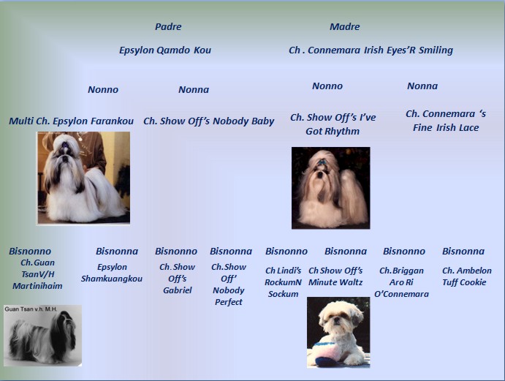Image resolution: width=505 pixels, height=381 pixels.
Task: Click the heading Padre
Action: pyautogui.click(x=168, y=26)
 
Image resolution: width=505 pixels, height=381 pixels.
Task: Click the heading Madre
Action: pyautogui.click(x=345, y=26)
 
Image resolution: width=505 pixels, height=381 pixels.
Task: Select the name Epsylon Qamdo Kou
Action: pyautogui.click(x=165, y=50)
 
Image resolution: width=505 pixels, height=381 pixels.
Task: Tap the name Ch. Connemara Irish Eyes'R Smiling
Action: pyautogui.click(x=371, y=50)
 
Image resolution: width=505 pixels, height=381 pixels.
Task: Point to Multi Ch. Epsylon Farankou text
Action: pyautogui.click(x=71, y=121)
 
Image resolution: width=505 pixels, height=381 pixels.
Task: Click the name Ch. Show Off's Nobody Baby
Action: pyautogui.click(x=209, y=121)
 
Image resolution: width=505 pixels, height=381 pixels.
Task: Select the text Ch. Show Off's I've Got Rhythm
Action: pyautogui.click(x=333, y=124)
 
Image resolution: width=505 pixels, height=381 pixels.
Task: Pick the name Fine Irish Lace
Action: pyautogui.click(x=446, y=128)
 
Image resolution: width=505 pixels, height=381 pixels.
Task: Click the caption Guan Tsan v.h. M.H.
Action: pyautogui.click(x=31, y=309)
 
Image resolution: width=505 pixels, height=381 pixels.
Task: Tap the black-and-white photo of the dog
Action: pyautogui.click(x=43, y=336)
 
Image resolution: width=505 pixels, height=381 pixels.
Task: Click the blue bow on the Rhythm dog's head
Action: pyautogui.click(x=322, y=163)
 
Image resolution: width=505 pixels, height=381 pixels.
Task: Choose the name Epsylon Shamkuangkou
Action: pyautogui.click(x=112, y=273)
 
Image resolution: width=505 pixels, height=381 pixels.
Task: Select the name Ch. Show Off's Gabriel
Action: pyautogui.click(x=178, y=279)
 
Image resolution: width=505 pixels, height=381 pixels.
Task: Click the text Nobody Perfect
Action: pyautogui.click(x=229, y=296)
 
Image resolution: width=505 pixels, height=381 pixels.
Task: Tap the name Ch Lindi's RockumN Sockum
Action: pyautogui.click(x=284, y=282)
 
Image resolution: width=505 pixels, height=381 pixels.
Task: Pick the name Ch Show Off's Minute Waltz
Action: pyautogui.click(x=335, y=276)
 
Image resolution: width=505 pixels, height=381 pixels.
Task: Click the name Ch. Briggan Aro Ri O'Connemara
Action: pyautogui.click(x=401, y=282)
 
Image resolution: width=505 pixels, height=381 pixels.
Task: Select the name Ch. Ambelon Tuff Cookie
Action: pyautogui.click(x=467, y=276)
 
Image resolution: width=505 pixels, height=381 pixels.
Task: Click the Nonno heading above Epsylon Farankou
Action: pyautogui.click(x=103, y=90)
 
